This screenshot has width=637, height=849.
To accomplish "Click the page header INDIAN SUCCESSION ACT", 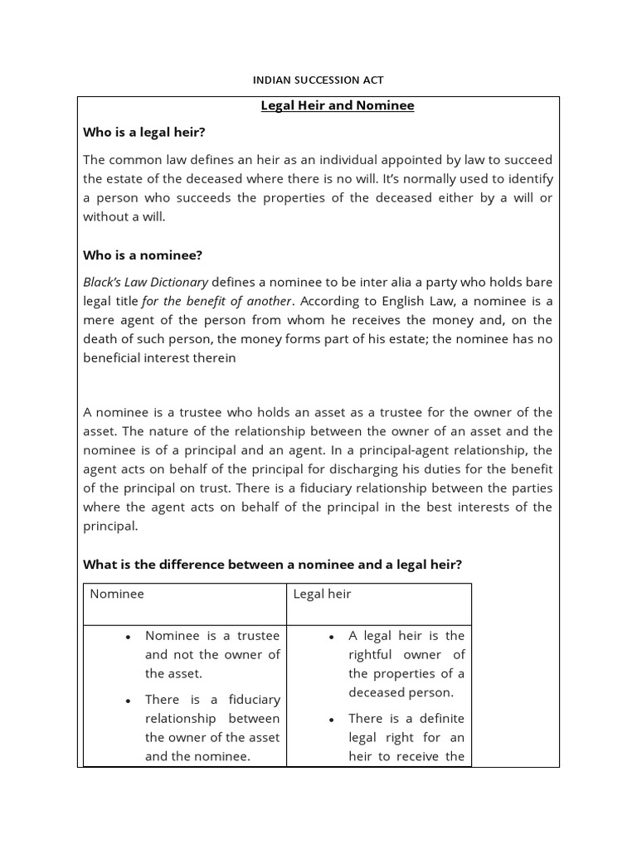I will coord(318,80).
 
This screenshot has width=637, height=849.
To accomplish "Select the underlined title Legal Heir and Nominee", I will coord(337,106).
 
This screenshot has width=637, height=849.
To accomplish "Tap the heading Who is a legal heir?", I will coord(144,132).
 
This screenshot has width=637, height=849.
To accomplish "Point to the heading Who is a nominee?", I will coord(142,255).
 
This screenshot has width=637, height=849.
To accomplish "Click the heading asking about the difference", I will coord(272,565).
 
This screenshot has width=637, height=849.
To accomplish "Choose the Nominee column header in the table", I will coord(117,594).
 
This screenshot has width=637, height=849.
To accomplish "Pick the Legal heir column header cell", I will coord(322,594).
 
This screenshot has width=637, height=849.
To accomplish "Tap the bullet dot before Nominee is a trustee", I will coord(128,637).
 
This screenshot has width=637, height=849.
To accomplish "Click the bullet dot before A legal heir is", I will coord(331,637).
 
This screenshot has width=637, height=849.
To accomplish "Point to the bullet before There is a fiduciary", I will coord(128,701).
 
